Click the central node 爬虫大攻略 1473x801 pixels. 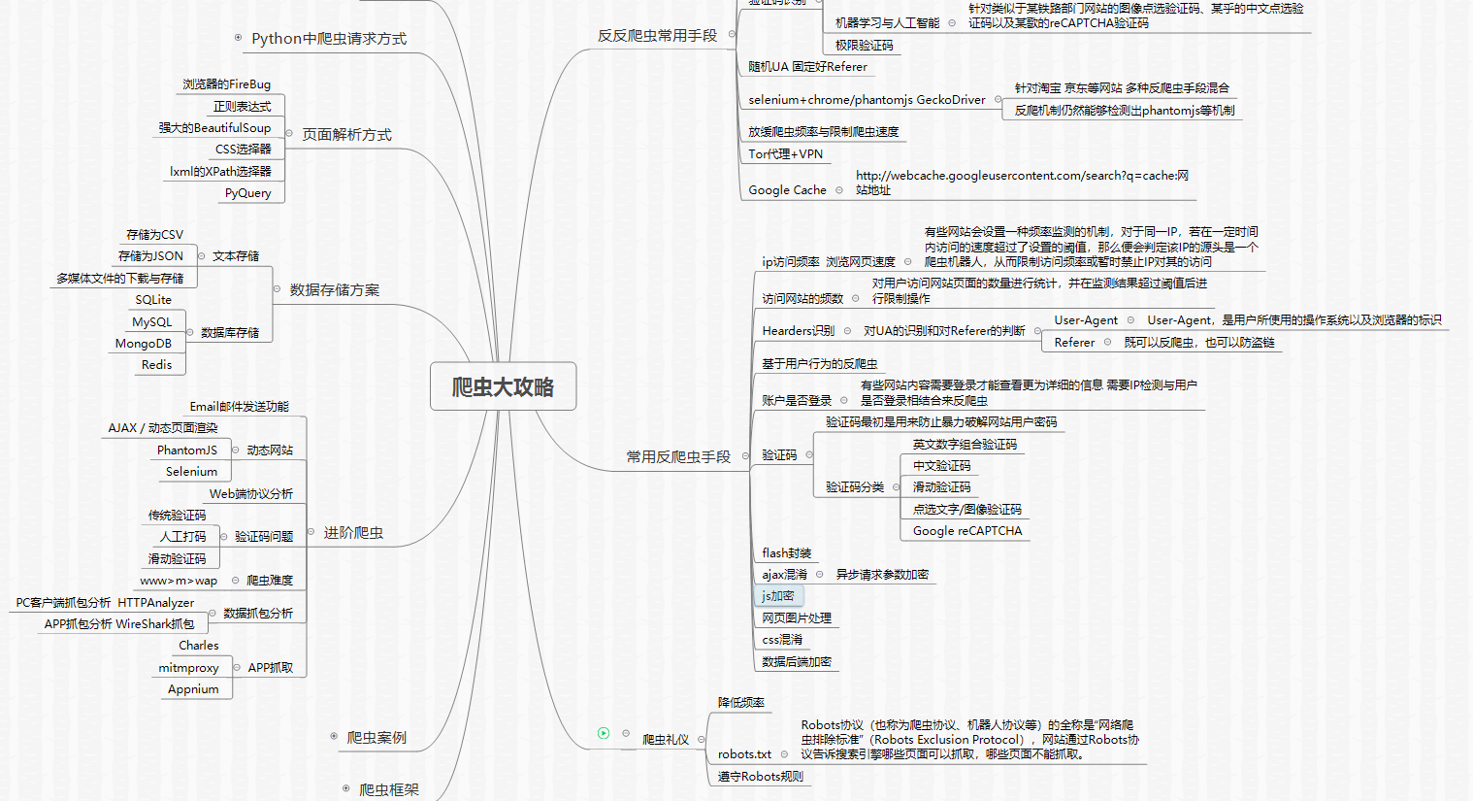tap(503, 387)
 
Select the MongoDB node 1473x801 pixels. tap(144, 344)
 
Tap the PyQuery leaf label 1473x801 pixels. tap(248, 193)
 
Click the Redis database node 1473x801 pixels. tap(156, 365)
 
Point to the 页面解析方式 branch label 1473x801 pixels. tap(346, 135)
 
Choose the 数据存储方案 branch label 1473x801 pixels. tap(334, 290)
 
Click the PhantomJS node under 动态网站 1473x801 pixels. tap(187, 451)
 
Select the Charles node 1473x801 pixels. tap(199, 646)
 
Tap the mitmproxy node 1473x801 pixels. tap(188, 668)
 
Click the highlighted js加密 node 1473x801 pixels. tap(778, 596)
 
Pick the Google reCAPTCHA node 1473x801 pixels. tap(966, 531)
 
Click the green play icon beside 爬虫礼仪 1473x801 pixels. tap(604, 733)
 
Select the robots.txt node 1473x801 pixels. tap(744, 754)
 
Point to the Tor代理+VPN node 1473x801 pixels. tap(785, 154)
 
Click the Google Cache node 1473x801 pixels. tap(787, 190)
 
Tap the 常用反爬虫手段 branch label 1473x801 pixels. tap(677, 456)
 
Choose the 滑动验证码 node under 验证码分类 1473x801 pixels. tap(941, 487)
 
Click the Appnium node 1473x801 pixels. tap(193, 689)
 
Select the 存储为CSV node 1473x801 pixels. tap(154, 235)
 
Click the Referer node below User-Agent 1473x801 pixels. tap(1074, 343)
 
